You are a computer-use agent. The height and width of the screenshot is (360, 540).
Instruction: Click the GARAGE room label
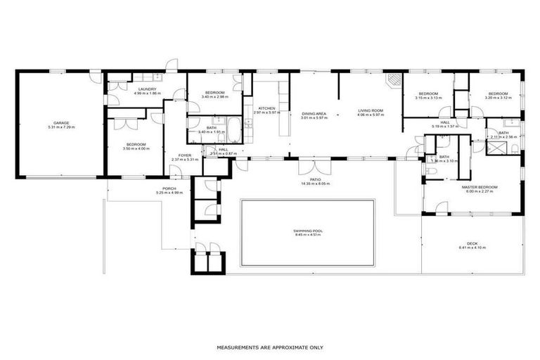[x=61, y=122]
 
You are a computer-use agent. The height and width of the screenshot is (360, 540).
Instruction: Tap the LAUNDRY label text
[x=147, y=89]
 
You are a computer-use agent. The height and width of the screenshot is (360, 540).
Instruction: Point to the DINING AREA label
[x=314, y=113]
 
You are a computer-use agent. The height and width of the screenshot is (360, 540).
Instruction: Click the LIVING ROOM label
[x=370, y=110]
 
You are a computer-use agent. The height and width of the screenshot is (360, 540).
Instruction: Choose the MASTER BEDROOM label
[x=480, y=187]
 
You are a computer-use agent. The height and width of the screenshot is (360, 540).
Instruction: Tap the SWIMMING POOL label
[x=307, y=231]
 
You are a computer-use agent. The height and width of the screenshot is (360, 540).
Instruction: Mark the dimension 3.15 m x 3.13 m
[x=428, y=98]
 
